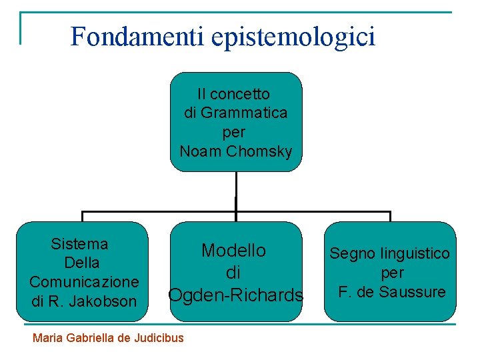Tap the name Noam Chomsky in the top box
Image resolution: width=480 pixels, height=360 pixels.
[x=236, y=151]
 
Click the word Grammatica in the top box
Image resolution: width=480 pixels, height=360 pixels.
[x=244, y=113]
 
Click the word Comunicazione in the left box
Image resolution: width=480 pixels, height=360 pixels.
[x=84, y=281]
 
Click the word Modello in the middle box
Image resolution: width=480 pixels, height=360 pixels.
[x=234, y=251]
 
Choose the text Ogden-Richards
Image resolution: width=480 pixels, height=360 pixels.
[x=236, y=295]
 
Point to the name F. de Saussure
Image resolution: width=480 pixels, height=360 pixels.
[x=391, y=292]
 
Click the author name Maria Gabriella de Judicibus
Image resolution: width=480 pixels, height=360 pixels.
[x=108, y=337]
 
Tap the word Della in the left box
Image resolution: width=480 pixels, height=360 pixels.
[x=83, y=262]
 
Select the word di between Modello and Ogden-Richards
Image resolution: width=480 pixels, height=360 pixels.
[x=234, y=273]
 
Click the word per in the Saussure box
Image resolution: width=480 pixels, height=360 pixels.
[x=392, y=273]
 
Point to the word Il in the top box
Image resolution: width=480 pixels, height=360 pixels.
[x=201, y=93]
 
